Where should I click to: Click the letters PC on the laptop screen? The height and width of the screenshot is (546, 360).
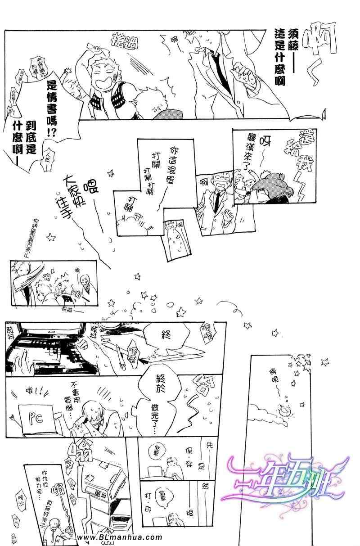click(x=34, y=418)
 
